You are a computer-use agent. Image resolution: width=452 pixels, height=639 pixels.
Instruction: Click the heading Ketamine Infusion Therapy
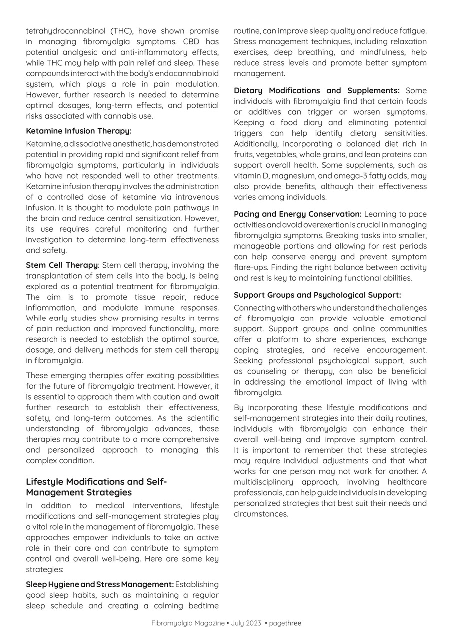pos(79,131)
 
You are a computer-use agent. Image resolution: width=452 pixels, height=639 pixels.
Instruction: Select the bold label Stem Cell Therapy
pos(62,265)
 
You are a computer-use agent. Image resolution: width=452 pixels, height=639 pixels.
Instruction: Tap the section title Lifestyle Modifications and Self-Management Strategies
pos(96,487)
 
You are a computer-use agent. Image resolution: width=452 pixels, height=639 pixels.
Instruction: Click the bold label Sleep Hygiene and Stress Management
pos(100,584)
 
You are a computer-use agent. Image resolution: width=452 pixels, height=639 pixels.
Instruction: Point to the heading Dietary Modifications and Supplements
pos(316,91)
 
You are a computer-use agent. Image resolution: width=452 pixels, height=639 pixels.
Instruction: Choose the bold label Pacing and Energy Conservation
pos(297,214)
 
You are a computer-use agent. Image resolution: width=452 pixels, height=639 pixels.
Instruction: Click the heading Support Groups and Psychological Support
pos(317,295)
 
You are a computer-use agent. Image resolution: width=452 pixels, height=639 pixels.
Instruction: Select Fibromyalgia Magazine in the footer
pos(188,623)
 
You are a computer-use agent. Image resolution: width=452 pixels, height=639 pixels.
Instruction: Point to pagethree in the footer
pos(285,623)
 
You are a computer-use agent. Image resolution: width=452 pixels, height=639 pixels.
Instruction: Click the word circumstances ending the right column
pos(261,514)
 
